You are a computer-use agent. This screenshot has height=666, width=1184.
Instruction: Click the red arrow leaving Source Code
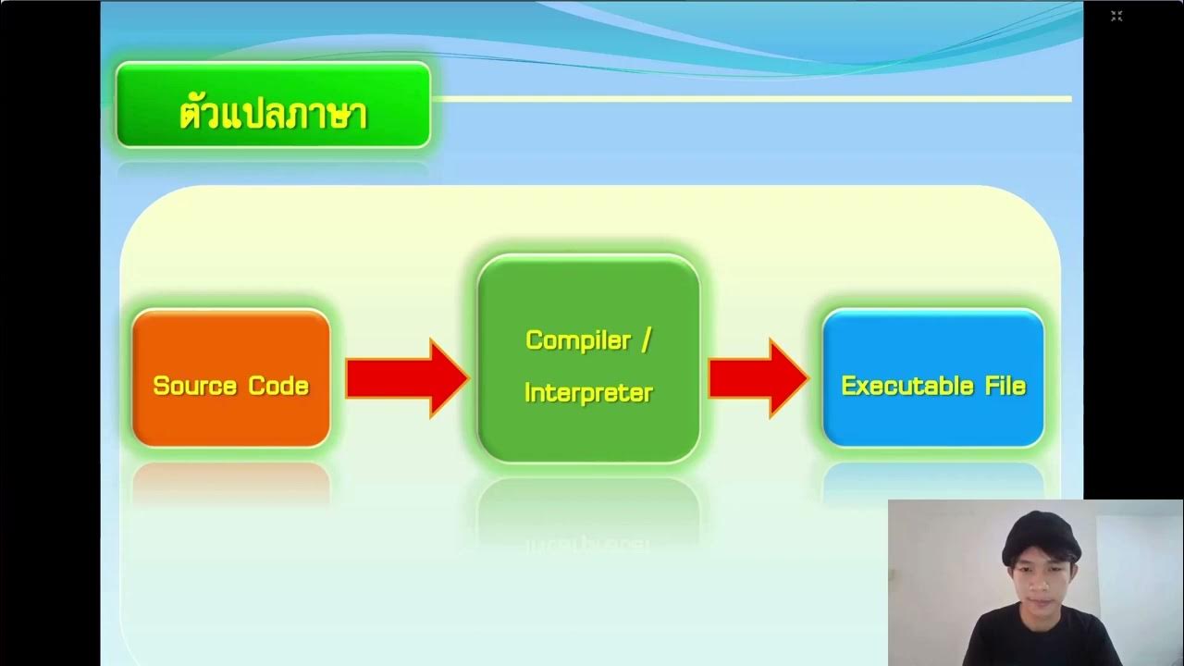[x=406, y=377]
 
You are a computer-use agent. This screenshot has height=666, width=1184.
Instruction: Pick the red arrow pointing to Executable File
[x=758, y=377]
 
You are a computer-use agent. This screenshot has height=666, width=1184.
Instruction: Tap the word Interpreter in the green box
[x=588, y=393]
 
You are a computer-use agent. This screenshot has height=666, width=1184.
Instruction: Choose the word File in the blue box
[x=1005, y=386]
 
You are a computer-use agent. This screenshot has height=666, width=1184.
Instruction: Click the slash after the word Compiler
[x=646, y=339]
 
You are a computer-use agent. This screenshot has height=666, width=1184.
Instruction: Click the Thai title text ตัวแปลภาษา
[x=273, y=114]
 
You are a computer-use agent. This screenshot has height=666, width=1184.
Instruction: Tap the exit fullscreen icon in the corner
[x=1116, y=16]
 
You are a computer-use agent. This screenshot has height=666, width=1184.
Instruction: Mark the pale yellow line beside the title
[x=749, y=98]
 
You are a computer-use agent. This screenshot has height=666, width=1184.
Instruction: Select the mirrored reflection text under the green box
[x=588, y=544]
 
